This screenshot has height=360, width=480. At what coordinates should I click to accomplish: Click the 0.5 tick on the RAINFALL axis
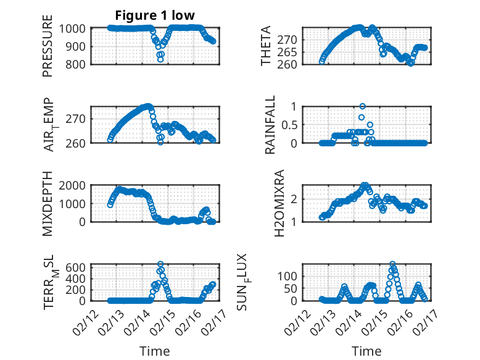[x=289, y=125]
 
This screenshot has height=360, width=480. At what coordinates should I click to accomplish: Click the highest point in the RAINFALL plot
[x=363, y=106]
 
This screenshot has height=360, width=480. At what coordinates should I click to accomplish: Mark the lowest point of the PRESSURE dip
[x=160, y=60]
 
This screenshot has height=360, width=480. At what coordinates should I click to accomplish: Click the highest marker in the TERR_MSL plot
[x=160, y=264]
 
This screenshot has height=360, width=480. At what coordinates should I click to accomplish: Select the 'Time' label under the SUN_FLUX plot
[x=366, y=351]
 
